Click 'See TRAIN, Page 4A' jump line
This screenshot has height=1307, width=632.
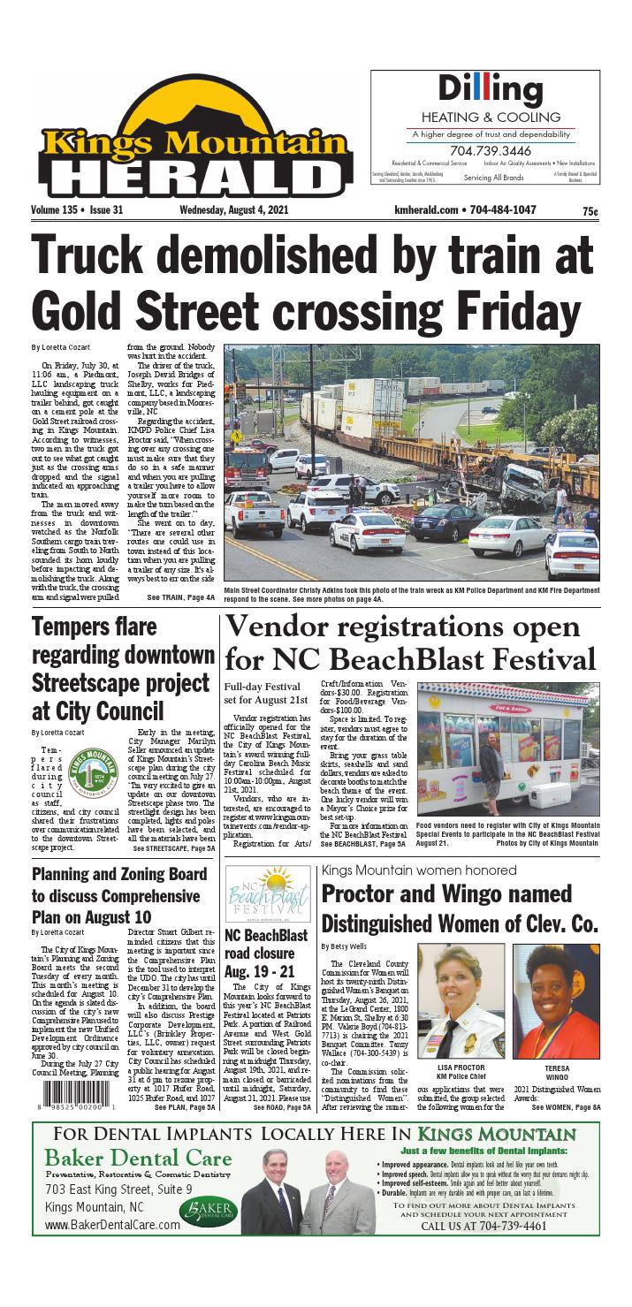coord(180,598)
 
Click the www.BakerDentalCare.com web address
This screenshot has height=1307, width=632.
coord(112,1225)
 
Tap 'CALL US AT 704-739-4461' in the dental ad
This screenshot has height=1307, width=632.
coord(484,1227)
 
